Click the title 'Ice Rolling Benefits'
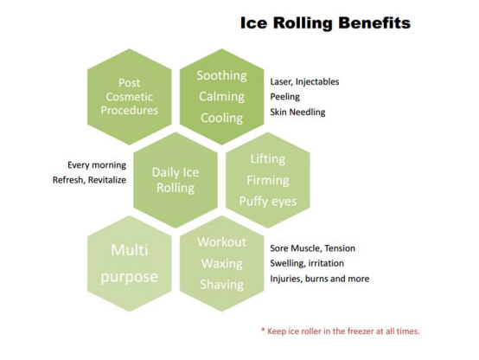(325, 23)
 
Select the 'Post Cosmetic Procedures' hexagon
(130, 97)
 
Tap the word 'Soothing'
(222, 76)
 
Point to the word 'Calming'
(222, 97)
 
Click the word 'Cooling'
(222, 118)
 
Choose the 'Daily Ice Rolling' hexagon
(176, 180)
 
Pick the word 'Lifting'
(268, 159)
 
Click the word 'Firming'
(268, 180)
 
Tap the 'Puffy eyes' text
(268, 202)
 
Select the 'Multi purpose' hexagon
(130, 264)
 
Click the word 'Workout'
(222, 242)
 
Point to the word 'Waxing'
(222, 263)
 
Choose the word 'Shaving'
(222, 285)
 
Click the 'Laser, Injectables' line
(304, 81)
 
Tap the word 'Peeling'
(284, 97)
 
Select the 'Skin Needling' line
(297, 112)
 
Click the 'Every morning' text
(97, 165)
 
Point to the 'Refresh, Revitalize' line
(89, 180)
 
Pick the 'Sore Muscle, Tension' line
(312, 248)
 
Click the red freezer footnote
(341, 331)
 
